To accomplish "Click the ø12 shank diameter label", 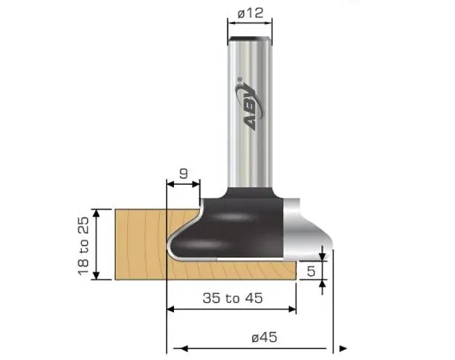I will pos(251,12).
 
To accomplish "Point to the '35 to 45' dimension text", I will pos(233,297).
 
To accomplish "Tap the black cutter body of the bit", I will pos(232,225).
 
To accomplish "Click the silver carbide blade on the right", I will pos(301,232).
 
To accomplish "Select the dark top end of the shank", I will pos(251,38).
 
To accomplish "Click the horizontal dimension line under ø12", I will pos(251,23).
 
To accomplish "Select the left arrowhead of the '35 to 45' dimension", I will pos(171,309).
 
